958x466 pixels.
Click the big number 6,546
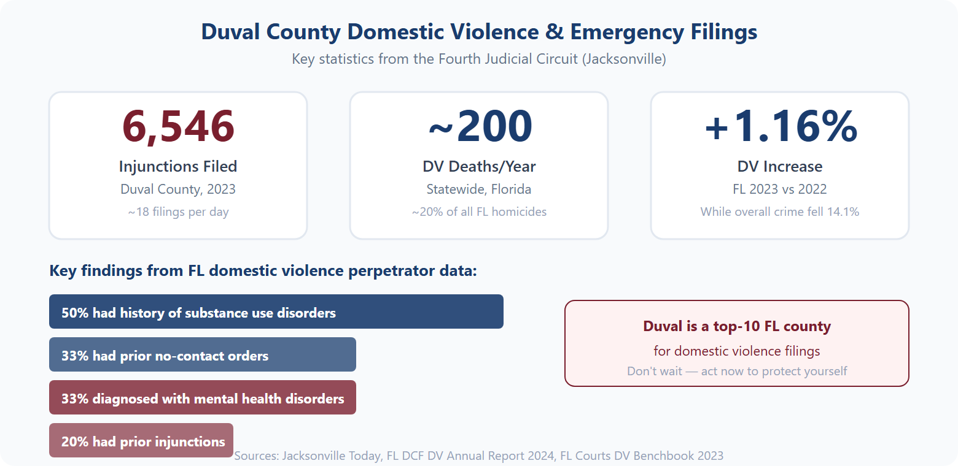click(178, 126)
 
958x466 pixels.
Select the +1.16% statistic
click(780, 126)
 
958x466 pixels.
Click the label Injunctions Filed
click(178, 166)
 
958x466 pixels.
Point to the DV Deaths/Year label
click(479, 166)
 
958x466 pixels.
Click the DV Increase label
click(780, 166)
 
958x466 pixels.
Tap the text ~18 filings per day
click(178, 212)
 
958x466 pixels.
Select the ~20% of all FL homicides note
click(479, 212)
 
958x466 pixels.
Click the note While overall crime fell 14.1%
click(780, 212)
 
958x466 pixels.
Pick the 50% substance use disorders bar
click(276, 312)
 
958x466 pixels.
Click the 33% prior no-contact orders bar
click(203, 355)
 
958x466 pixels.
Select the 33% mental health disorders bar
click(203, 398)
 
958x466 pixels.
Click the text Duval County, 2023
click(178, 189)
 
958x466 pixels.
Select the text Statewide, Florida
click(479, 189)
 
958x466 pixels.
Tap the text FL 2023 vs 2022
click(780, 189)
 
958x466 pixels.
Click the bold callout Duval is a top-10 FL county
click(737, 326)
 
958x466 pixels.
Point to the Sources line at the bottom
click(479, 456)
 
